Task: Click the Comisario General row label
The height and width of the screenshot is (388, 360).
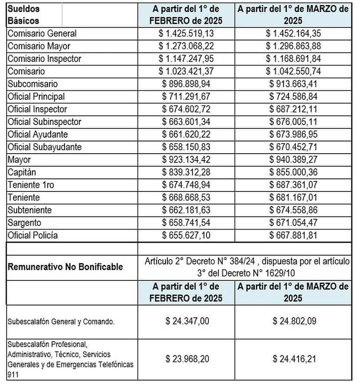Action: point(42,33)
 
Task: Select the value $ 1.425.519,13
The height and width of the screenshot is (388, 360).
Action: point(186,33)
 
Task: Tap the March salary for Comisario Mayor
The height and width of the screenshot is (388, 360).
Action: point(294,46)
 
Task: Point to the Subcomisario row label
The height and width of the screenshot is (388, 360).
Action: point(33,84)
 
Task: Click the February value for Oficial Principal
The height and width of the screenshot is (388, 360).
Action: point(186,96)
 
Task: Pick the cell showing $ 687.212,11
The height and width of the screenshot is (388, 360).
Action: point(294,109)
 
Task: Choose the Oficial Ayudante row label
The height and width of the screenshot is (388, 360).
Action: point(38,135)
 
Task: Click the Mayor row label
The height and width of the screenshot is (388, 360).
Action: point(19,160)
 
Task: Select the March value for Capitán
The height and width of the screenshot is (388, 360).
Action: point(294,172)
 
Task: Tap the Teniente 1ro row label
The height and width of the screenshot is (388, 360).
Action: point(31,185)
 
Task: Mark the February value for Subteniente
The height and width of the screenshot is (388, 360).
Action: point(186,210)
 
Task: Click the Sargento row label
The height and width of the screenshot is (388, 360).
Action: point(25,223)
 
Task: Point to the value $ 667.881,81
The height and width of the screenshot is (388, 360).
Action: point(294,236)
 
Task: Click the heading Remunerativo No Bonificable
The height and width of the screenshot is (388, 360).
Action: point(65,266)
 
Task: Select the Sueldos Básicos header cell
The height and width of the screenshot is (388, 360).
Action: point(23,14)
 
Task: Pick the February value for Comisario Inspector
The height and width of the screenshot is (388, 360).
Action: point(186,59)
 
